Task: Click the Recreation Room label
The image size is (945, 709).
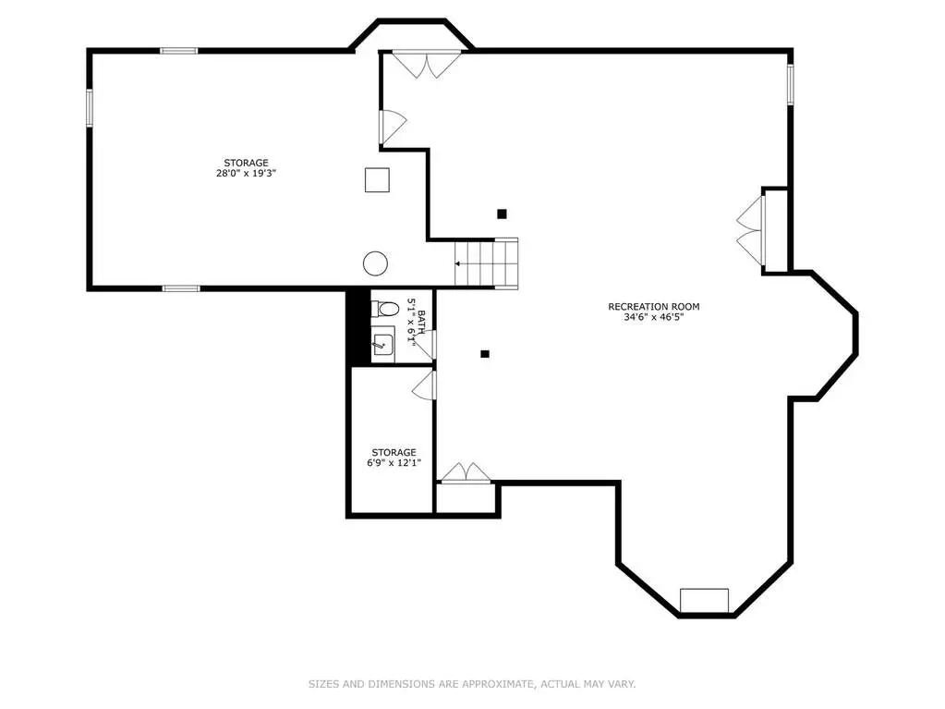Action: pos(653,306)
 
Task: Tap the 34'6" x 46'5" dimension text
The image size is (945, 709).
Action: pos(653,316)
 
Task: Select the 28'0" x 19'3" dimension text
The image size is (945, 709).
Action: pos(246,173)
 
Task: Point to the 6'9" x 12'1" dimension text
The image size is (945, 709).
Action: pos(394,462)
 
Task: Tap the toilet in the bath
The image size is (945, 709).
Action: pos(385,310)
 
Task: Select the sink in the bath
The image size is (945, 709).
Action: pos(382,344)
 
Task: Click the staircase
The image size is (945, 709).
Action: pos(486,263)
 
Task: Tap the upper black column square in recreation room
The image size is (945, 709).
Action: pos(502,214)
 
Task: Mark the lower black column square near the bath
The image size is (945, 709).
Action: pos(485,354)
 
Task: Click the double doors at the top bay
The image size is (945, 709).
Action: pos(427,65)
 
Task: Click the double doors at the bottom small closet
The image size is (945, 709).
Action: pos(466,472)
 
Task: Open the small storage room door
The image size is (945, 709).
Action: pos(424,385)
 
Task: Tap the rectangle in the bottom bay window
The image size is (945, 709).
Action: pos(704,601)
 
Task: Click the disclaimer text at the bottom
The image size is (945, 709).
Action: pos(472,684)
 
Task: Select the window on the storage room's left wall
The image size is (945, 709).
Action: pos(90,108)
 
